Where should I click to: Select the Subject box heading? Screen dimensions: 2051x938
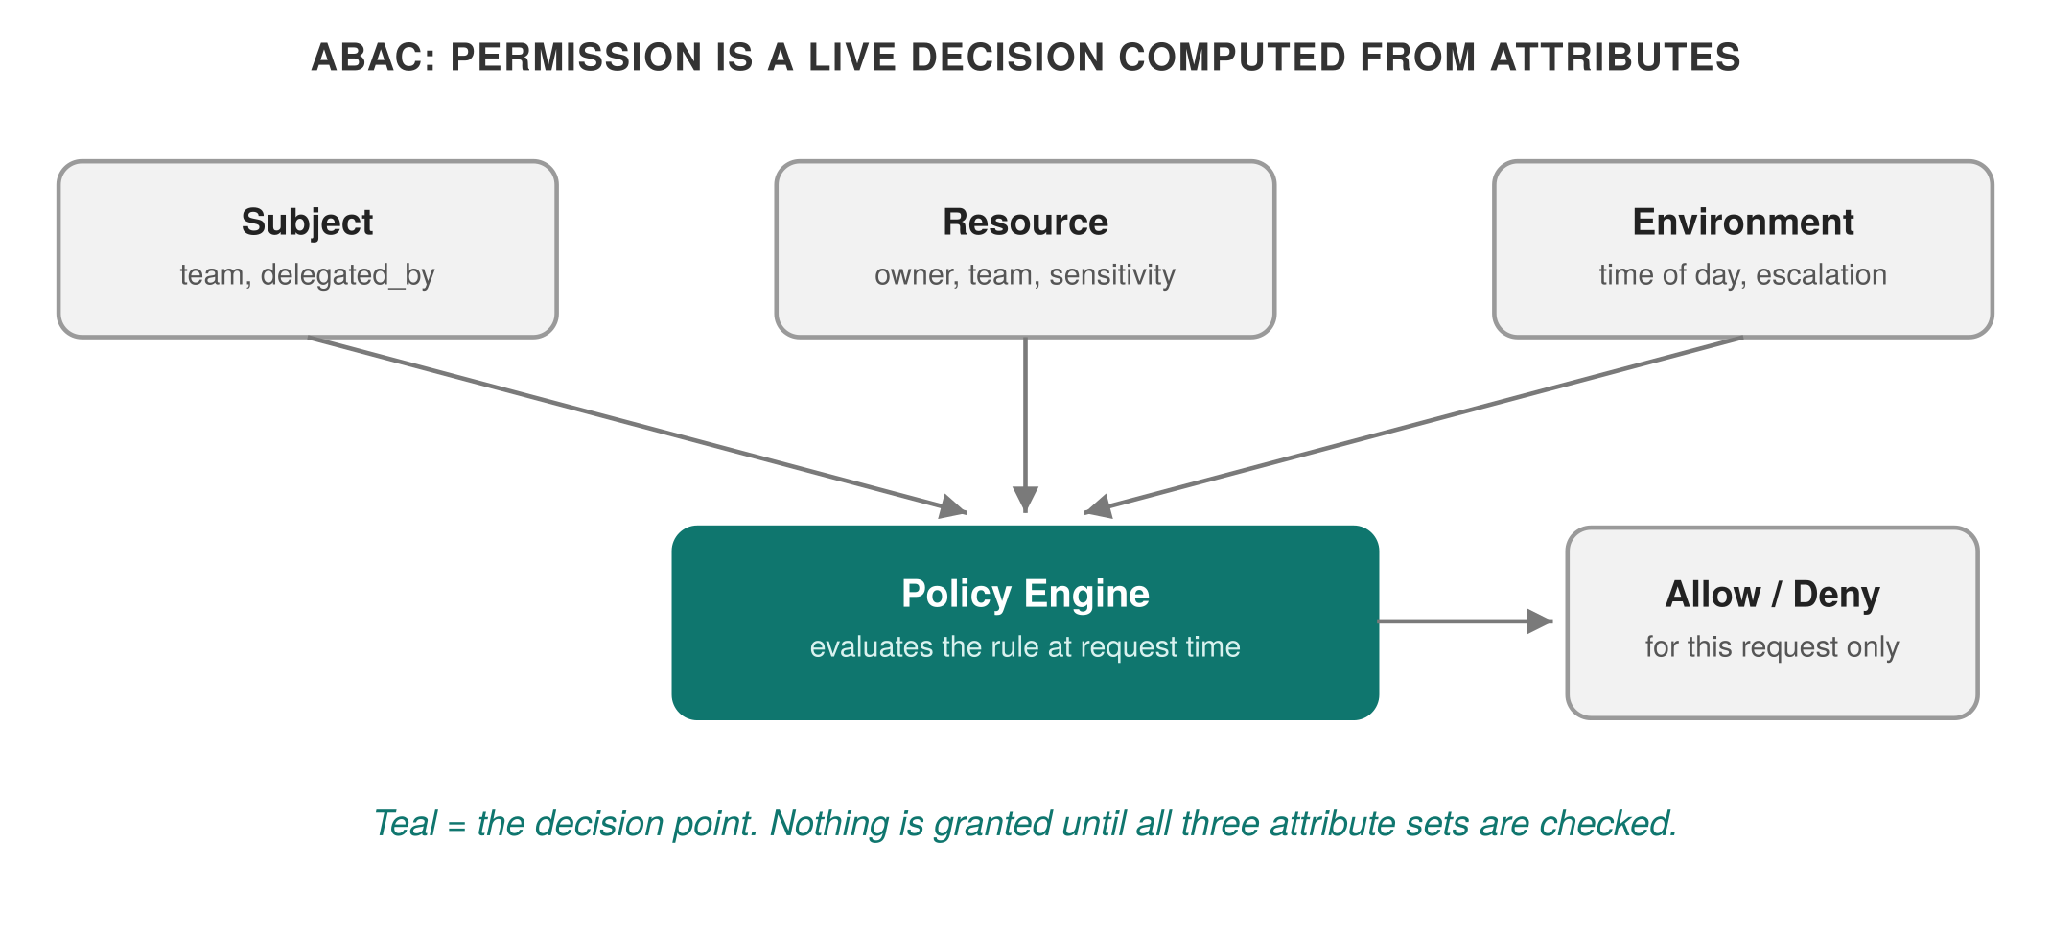coord(308,222)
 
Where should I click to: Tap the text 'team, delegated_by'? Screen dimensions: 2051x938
coord(308,275)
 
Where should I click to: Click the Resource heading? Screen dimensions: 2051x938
coord(1025,222)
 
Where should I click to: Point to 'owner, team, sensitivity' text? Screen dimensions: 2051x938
coord(1025,275)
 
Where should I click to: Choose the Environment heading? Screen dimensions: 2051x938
coord(1743,222)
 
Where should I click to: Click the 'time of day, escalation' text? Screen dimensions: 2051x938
coord(1743,275)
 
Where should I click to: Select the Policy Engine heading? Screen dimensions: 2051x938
coord(1025,594)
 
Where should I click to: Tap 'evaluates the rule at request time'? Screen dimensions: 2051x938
coord(1025,647)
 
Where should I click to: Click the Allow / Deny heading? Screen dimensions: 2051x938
coord(1772,594)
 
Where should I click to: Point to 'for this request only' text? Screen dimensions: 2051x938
coord(1772,647)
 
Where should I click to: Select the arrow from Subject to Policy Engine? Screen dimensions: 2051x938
coord(637,425)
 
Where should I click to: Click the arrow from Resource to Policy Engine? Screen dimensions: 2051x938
coord(1025,425)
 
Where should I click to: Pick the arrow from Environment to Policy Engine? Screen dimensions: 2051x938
coord(1413,425)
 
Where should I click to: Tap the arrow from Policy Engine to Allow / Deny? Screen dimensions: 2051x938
coord(1465,621)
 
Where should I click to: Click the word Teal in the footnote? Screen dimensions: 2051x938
coord(406,824)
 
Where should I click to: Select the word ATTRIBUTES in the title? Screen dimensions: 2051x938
coord(1616,58)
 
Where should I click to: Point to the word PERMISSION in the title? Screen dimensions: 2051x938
coord(576,58)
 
